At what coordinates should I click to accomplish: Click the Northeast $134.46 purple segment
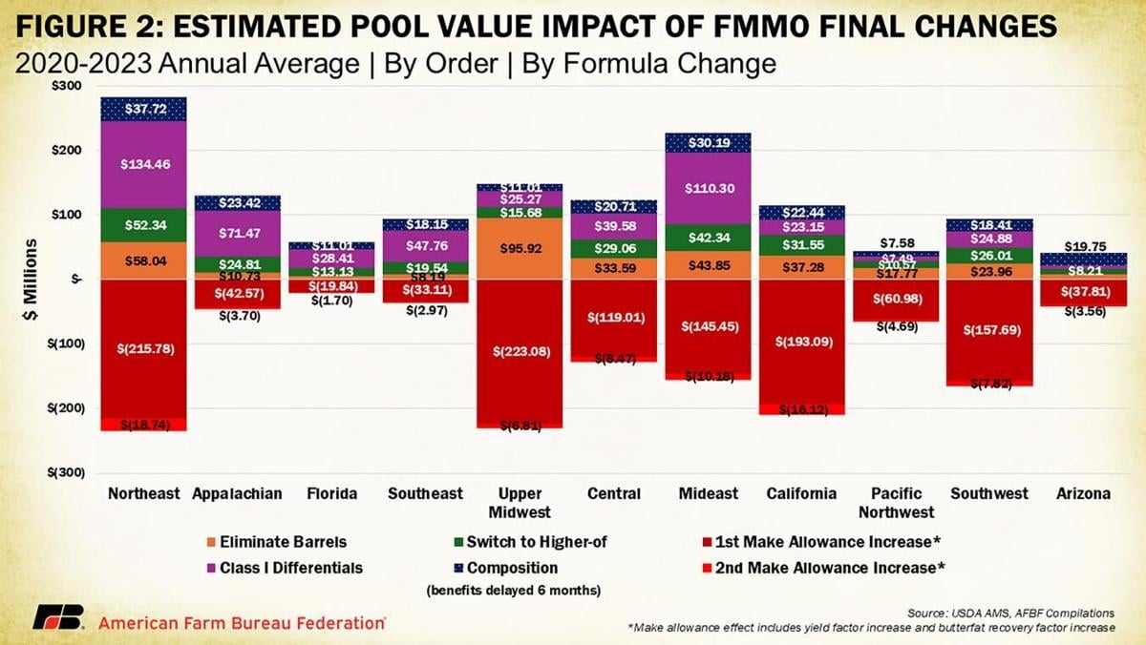pos(143,164)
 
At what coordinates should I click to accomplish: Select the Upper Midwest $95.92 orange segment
pos(520,249)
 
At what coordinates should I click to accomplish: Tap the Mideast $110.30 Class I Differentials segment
pos(708,188)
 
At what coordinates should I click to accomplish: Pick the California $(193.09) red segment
pos(799,341)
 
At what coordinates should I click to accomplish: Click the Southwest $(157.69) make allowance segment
pos(988,331)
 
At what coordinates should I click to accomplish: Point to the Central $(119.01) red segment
pos(612,317)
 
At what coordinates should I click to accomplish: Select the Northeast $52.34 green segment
pos(143,225)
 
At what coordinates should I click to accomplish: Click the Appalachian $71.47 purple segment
pos(236,233)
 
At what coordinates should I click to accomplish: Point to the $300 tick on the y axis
pos(66,86)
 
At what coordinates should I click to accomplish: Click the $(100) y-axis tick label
pos(63,343)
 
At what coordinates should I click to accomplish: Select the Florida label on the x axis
pos(331,493)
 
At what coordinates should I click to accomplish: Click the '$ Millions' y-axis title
pos(32,280)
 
